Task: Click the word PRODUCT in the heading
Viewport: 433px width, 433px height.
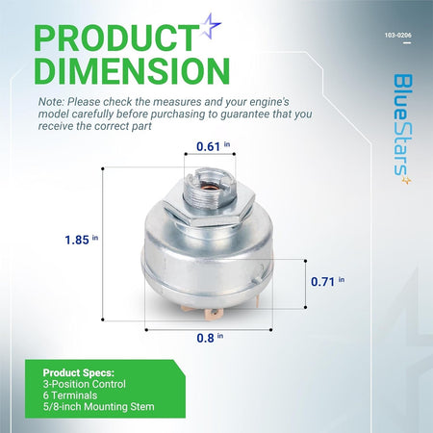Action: click(x=116, y=38)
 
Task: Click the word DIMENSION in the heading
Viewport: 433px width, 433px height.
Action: click(x=132, y=70)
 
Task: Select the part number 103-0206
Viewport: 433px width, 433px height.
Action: click(x=397, y=36)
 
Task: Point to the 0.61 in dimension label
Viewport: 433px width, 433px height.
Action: click(x=213, y=146)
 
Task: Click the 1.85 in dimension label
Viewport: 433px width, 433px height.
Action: click(x=82, y=240)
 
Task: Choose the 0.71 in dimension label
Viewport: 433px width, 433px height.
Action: click(x=327, y=281)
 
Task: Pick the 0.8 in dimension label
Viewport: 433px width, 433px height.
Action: click(x=210, y=338)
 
